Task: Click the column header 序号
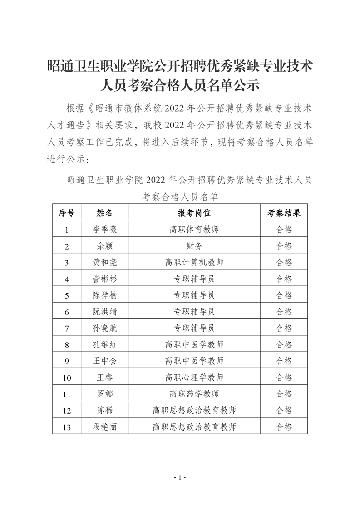pos(67,213)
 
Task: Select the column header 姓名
pos(104,213)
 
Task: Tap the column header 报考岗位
pos(194,213)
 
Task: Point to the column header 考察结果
pos(284,213)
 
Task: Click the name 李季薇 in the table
pos(104,230)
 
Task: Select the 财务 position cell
pos(194,246)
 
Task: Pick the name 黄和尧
pos(104,262)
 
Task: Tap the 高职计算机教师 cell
pos(194,262)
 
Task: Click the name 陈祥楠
pos(104,295)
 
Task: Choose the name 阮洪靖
pos(104,312)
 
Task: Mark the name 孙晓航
pos(104,328)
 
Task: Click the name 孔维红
pos(104,345)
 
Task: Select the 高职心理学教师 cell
pos(194,377)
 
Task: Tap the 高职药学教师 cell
pos(194,394)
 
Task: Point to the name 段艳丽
pos(104,426)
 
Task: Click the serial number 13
pos(67,427)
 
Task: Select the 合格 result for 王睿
pos(284,377)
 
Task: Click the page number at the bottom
pos(180,477)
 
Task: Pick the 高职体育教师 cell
pos(194,230)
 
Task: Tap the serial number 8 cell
pos(67,345)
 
